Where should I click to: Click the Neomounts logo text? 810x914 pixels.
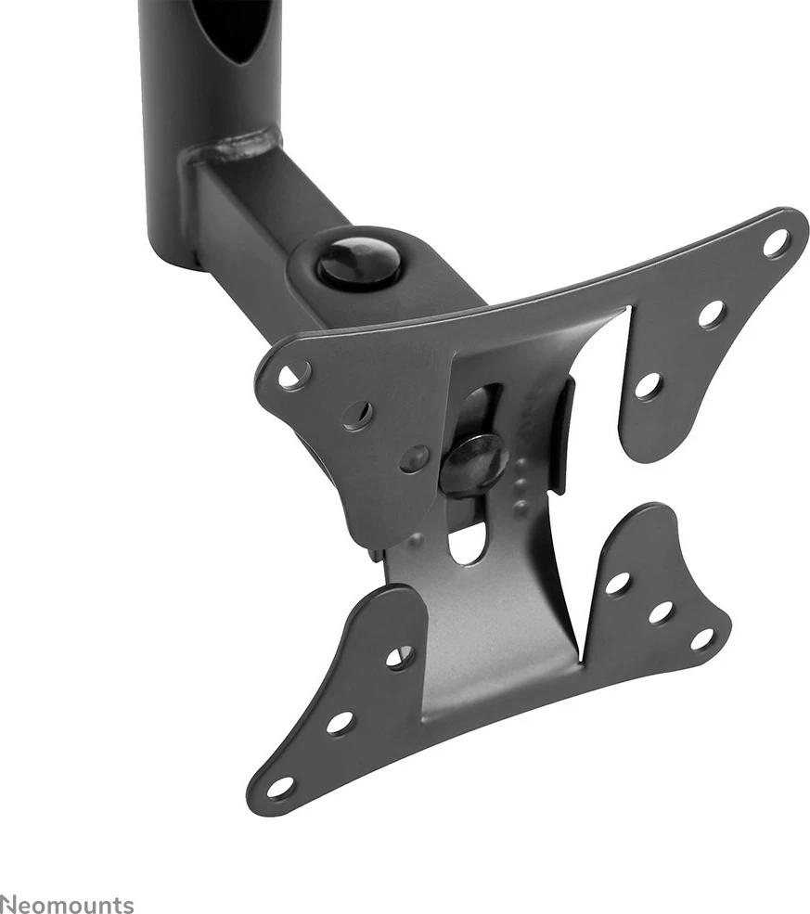click(x=67, y=905)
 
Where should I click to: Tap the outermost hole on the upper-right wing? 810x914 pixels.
click(x=776, y=243)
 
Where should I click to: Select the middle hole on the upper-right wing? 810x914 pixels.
click(x=712, y=314)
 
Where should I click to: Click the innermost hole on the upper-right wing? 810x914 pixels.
click(x=649, y=385)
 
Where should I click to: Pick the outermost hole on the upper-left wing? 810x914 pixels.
click(x=294, y=375)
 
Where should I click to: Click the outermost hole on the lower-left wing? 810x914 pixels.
click(x=279, y=786)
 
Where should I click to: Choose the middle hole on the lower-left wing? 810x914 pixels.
click(x=340, y=722)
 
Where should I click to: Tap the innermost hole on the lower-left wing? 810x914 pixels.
click(x=400, y=657)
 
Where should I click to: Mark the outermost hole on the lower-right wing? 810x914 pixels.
click(x=702, y=639)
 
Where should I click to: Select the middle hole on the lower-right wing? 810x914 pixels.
click(x=660, y=611)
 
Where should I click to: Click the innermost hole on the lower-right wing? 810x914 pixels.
click(x=617, y=584)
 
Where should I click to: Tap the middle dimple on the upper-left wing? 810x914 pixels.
click(x=358, y=414)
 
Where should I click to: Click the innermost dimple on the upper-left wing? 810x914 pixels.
click(x=415, y=457)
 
